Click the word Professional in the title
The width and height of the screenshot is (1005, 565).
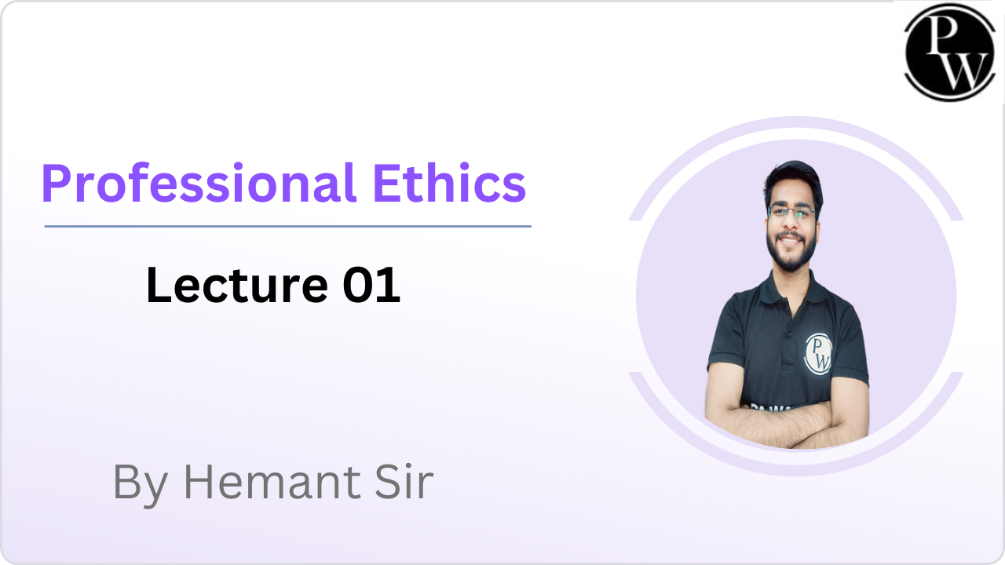199,184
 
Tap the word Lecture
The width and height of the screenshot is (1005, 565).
236,285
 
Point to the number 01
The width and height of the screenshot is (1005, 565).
371,285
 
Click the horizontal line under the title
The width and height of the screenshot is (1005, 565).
287,227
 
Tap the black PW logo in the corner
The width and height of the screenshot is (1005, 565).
949,53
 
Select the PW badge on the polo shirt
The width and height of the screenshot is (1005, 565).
818,354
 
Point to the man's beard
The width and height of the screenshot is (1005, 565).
791,253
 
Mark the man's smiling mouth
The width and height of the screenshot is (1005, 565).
790,240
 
